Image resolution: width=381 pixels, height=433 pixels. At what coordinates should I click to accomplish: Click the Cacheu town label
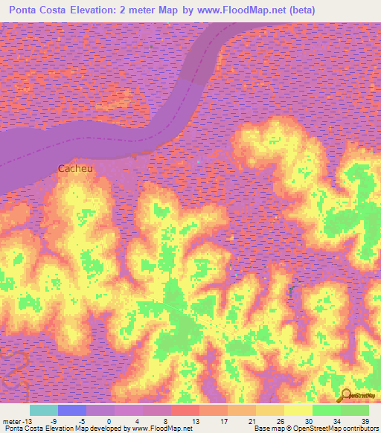coord(76,169)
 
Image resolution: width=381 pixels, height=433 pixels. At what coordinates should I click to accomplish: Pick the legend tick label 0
coord(109,421)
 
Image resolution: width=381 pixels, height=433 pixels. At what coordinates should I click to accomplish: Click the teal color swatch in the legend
coord(44,410)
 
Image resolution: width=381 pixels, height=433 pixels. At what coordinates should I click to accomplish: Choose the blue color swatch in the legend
coord(72,410)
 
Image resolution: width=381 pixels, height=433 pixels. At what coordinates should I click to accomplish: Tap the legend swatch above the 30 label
coord(298,410)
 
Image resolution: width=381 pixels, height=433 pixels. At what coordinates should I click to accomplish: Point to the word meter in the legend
coord(12,421)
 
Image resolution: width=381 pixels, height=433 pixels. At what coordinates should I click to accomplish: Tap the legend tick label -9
coord(53,421)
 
